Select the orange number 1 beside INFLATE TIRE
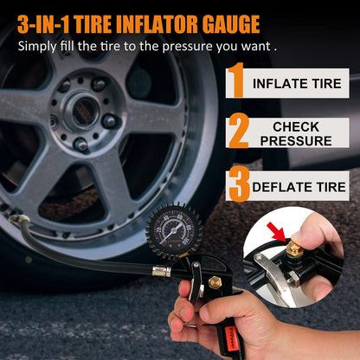click(236, 80)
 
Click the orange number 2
click(239, 131)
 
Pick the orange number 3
click(239, 184)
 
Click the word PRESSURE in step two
click(296, 141)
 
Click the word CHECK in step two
click(296, 127)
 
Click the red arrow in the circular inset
click(277, 232)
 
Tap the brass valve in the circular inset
click(294, 248)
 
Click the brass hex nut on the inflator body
click(215, 282)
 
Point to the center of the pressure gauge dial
click(174, 230)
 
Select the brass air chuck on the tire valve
click(18, 220)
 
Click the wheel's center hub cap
click(85, 111)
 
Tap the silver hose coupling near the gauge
click(162, 272)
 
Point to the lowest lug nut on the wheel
click(80, 144)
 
